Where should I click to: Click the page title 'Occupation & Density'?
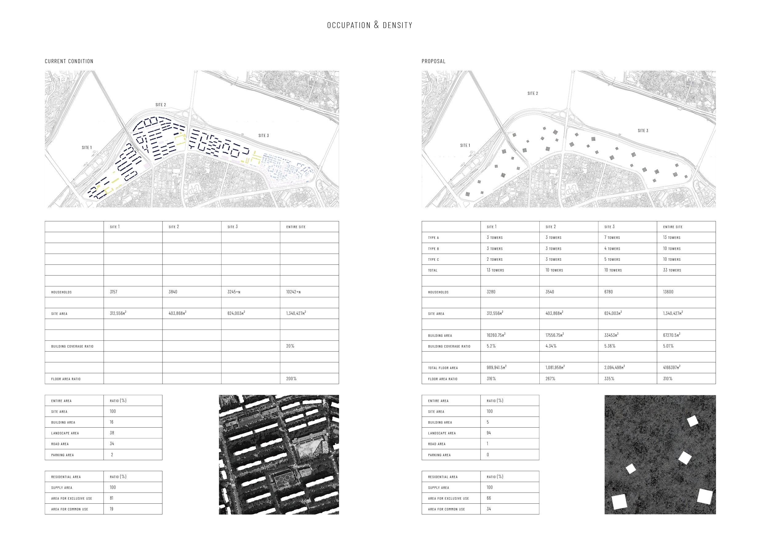[370, 25]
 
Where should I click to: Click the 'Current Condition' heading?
[69, 61]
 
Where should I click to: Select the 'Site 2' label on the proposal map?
[532, 93]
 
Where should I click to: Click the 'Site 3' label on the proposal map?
[643, 131]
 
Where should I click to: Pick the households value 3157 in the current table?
[113, 292]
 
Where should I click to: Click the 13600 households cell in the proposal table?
[668, 292]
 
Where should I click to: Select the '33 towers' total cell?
[672, 270]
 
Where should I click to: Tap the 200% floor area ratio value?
[291, 379]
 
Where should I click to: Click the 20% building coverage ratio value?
[290, 346]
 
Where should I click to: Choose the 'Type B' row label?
[433, 249]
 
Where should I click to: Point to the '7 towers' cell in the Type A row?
[612, 238]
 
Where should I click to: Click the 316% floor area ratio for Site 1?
[491, 379]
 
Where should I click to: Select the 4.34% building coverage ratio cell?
[551, 346]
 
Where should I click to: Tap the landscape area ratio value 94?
[489, 433]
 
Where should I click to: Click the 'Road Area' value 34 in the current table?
[112, 444]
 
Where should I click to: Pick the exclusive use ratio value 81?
[111, 498]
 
